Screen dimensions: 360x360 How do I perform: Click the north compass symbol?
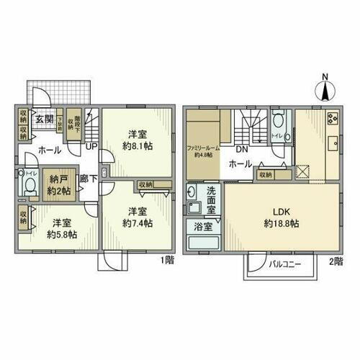coord(324,91)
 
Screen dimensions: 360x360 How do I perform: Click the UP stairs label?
coord(91,146)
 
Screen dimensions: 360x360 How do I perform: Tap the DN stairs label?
coord(243,150)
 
